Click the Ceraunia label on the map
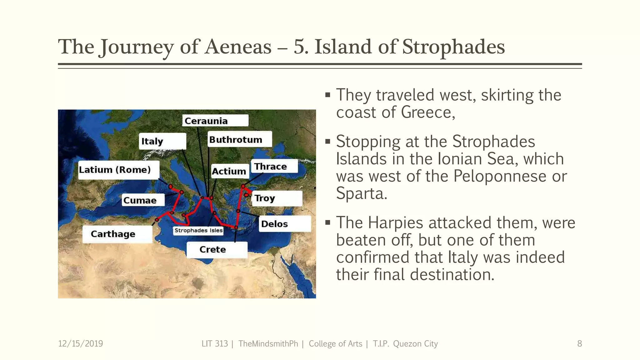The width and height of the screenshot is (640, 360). (215, 121)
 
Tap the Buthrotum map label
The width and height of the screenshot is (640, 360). (239, 139)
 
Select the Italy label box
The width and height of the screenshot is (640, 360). (162, 141)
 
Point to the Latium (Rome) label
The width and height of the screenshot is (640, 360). (118, 170)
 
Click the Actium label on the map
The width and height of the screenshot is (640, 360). (229, 171)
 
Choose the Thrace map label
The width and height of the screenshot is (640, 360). (274, 166)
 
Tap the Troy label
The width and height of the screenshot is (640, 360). (277, 198)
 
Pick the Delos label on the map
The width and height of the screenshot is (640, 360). (284, 224)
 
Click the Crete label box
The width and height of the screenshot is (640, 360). (217, 249)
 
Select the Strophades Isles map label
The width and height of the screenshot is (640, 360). (198, 230)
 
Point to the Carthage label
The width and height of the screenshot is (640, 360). (117, 234)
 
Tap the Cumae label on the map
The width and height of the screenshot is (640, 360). (143, 200)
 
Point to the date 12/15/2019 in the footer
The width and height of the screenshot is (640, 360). (80, 344)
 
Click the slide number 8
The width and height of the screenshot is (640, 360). (579, 344)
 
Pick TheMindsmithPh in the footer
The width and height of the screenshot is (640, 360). (268, 344)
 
